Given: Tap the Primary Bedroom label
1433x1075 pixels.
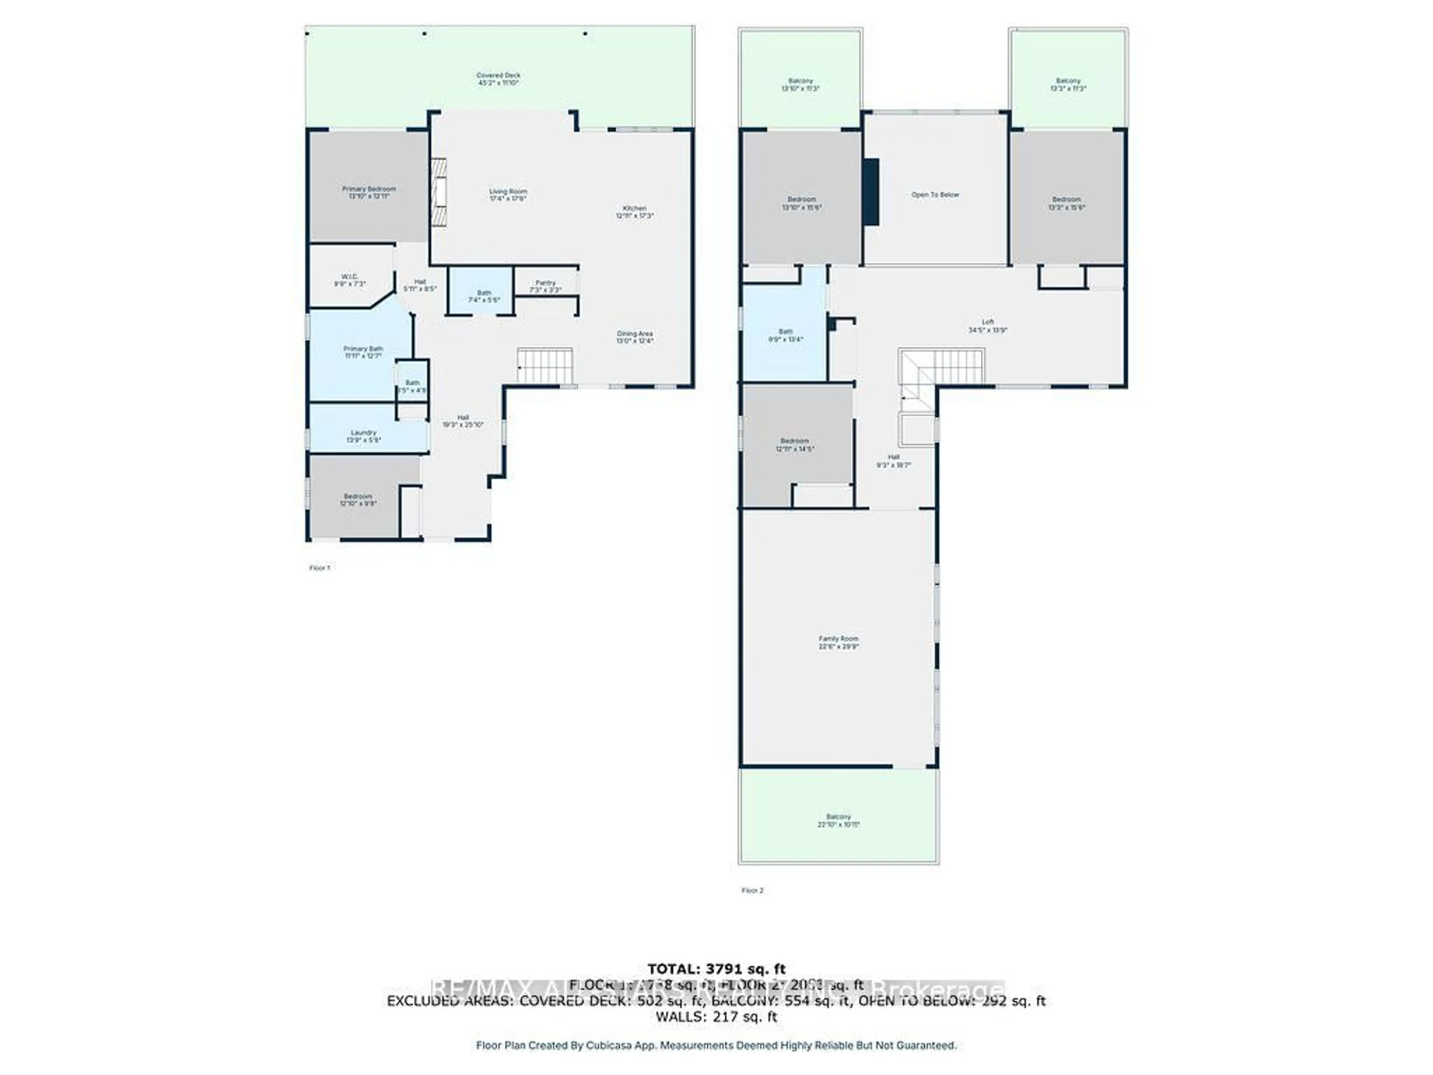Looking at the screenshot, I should click(x=369, y=192).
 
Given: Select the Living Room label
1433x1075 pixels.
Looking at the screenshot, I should click(x=508, y=194).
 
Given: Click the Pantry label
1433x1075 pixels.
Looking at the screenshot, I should click(x=546, y=286).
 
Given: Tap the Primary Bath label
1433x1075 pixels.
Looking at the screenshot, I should click(x=363, y=352).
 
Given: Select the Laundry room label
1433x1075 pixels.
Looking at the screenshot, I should click(x=363, y=436).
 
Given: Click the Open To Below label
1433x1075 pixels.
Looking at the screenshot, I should click(x=935, y=194).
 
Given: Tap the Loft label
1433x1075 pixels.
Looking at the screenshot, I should click(x=987, y=325).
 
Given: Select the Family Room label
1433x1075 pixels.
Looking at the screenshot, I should click(x=838, y=642).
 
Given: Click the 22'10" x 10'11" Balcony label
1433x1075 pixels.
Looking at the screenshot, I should click(x=838, y=820).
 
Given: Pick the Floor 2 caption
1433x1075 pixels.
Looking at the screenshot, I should click(x=752, y=890).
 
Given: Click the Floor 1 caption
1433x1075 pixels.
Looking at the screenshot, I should click(x=319, y=568).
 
